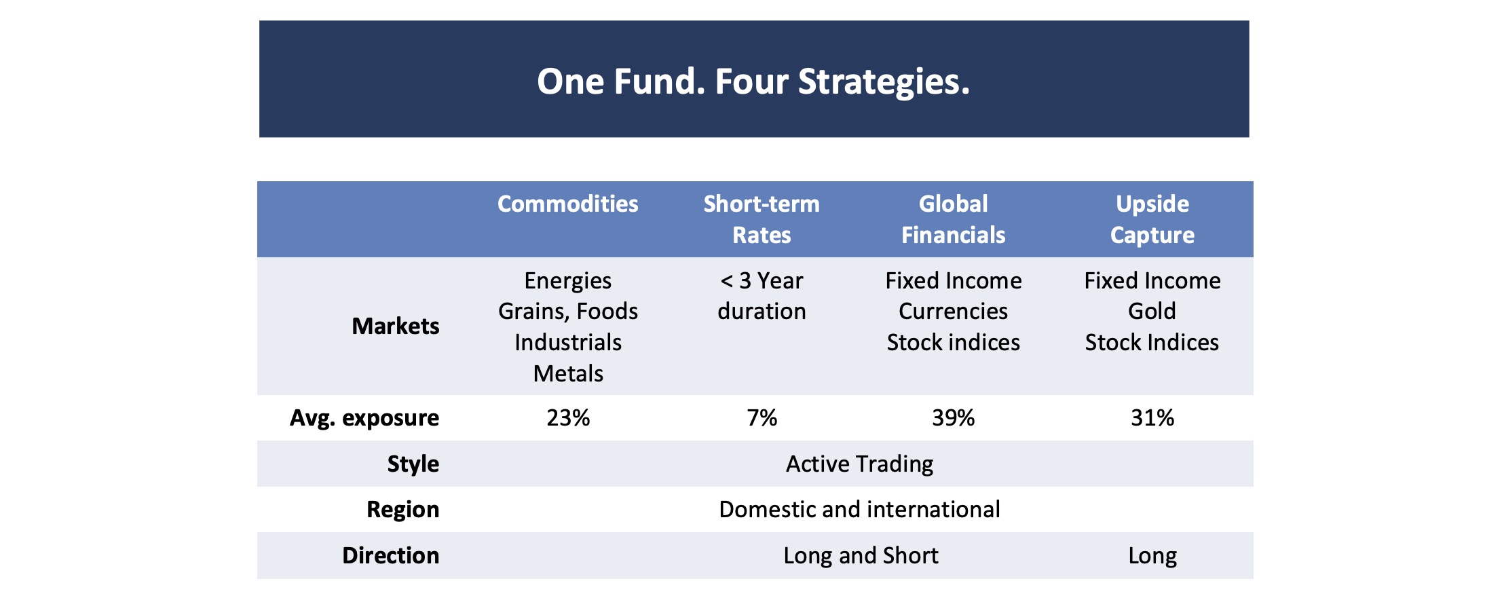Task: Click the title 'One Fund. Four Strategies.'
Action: (x=753, y=81)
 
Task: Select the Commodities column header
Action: (x=567, y=204)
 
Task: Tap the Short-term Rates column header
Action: (x=762, y=219)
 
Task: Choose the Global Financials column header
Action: (x=953, y=219)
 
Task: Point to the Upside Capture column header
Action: (x=1152, y=219)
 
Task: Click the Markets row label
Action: (x=395, y=326)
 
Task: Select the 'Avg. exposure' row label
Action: (x=364, y=418)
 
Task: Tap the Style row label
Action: (x=413, y=464)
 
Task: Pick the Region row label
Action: (x=402, y=510)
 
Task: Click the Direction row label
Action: (x=390, y=556)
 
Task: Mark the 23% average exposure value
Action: (x=568, y=418)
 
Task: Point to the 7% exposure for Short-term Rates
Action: (x=762, y=418)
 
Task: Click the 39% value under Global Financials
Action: (x=953, y=418)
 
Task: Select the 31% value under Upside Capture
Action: (x=1152, y=418)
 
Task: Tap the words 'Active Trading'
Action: (x=859, y=464)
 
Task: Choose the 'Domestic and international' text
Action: (x=859, y=510)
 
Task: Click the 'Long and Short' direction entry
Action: (x=861, y=556)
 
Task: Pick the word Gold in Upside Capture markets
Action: (x=1152, y=312)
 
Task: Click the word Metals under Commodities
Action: (x=568, y=374)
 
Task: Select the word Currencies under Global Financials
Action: (x=953, y=312)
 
